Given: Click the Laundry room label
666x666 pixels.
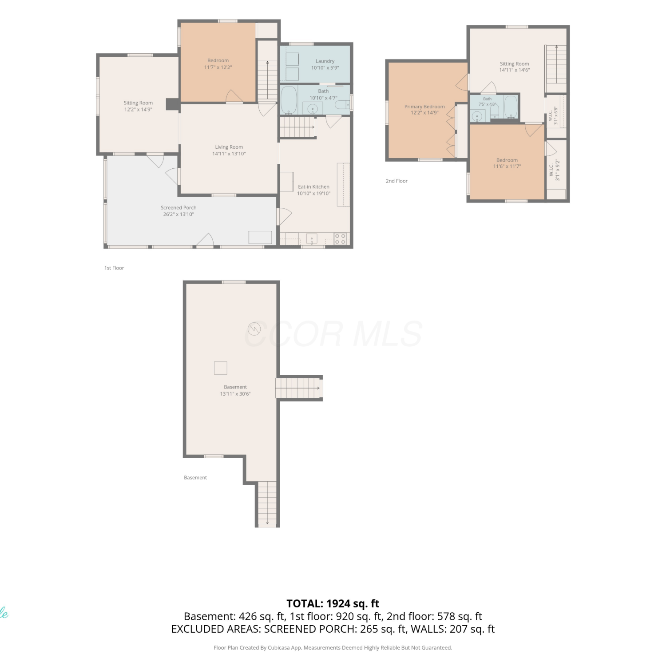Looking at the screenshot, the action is click(x=325, y=61).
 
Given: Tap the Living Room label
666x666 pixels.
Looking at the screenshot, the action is click(x=229, y=147).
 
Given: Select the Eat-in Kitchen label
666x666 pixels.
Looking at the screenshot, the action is click(x=313, y=187).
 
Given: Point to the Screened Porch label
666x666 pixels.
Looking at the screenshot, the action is click(x=178, y=208).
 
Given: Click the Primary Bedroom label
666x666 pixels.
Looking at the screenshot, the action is click(x=424, y=107).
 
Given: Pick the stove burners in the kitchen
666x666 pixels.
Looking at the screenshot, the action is click(x=340, y=239).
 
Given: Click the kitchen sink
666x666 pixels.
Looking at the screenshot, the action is click(x=312, y=239).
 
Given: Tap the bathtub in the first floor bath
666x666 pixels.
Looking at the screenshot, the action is click(x=289, y=100).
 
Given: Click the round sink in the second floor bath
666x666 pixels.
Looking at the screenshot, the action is click(x=478, y=116).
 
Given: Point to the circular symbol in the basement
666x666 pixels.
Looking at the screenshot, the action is click(x=254, y=329).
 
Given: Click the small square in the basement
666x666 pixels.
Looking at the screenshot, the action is click(x=221, y=368).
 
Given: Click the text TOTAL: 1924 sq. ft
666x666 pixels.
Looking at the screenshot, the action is click(x=333, y=603).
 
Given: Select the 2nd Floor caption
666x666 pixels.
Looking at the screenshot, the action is click(x=396, y=181).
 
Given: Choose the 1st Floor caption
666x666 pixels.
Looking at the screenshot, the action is click(x=114, y=268).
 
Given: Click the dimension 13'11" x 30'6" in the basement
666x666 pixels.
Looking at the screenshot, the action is click(x=235, y=394).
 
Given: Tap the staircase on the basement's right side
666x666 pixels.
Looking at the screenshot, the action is click(x=298, y=388).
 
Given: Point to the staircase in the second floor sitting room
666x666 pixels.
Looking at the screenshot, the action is click(x=556, y=64).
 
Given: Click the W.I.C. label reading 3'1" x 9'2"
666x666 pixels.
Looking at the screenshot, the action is click(x=554, y=170).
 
